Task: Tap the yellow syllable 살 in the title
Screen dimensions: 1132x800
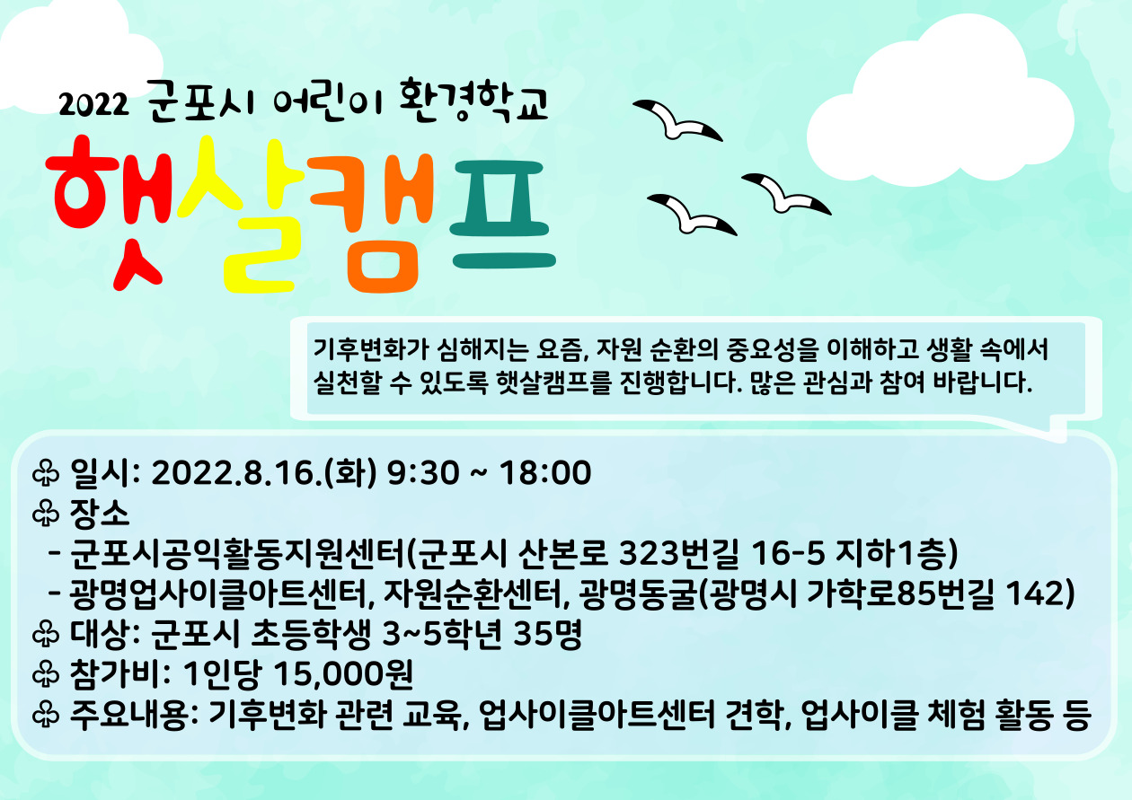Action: [x=240, y=215]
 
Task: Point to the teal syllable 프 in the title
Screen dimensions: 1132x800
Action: [x=503, y=215]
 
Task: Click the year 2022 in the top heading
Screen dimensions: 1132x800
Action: [x=93, y=105]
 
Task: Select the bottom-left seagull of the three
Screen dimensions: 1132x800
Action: [x=692, y=215]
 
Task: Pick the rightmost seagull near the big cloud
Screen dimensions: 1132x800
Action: [x=786, y=195]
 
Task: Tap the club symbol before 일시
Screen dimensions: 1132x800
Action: [x=46, y=474]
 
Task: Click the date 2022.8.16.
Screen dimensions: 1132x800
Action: [x=236, y=472]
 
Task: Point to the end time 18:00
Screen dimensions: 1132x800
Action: [x=545, y=472]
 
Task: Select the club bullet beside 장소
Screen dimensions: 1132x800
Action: [x=46, y=514]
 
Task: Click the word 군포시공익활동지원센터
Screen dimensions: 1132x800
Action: [x=238, y=553]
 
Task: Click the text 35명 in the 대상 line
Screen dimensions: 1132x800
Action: [x=548, y=633]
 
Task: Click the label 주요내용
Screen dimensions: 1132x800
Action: [x=129, y=714]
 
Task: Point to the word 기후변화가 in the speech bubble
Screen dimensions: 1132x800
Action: [x=371, y=349]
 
